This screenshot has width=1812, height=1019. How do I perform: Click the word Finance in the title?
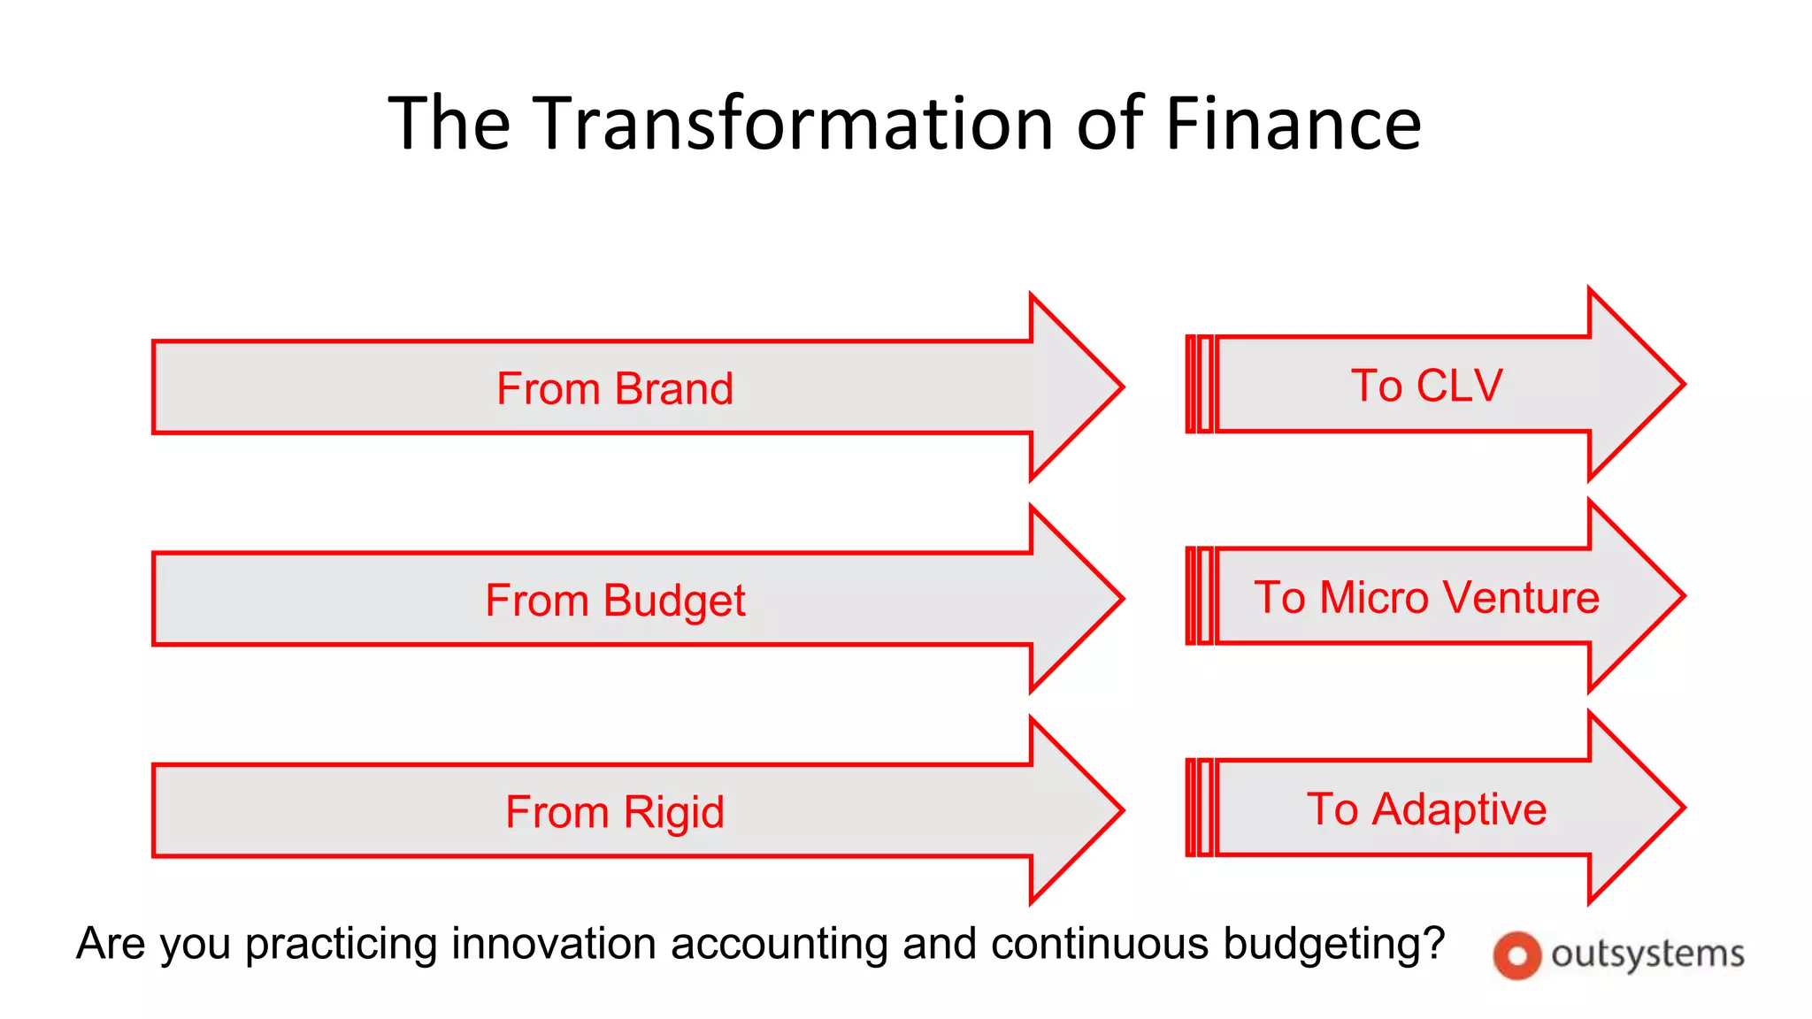pos(1293,123)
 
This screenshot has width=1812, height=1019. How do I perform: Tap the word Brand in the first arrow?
pos(673,388)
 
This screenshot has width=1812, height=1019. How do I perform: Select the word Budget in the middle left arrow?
pos(673,601)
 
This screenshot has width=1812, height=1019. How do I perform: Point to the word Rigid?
pos(673,812)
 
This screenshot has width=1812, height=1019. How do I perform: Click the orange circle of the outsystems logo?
pos(1516,955)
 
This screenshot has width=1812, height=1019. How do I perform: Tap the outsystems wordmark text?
pos(1647,954)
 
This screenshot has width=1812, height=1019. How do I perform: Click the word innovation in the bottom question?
pos(557,943)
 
